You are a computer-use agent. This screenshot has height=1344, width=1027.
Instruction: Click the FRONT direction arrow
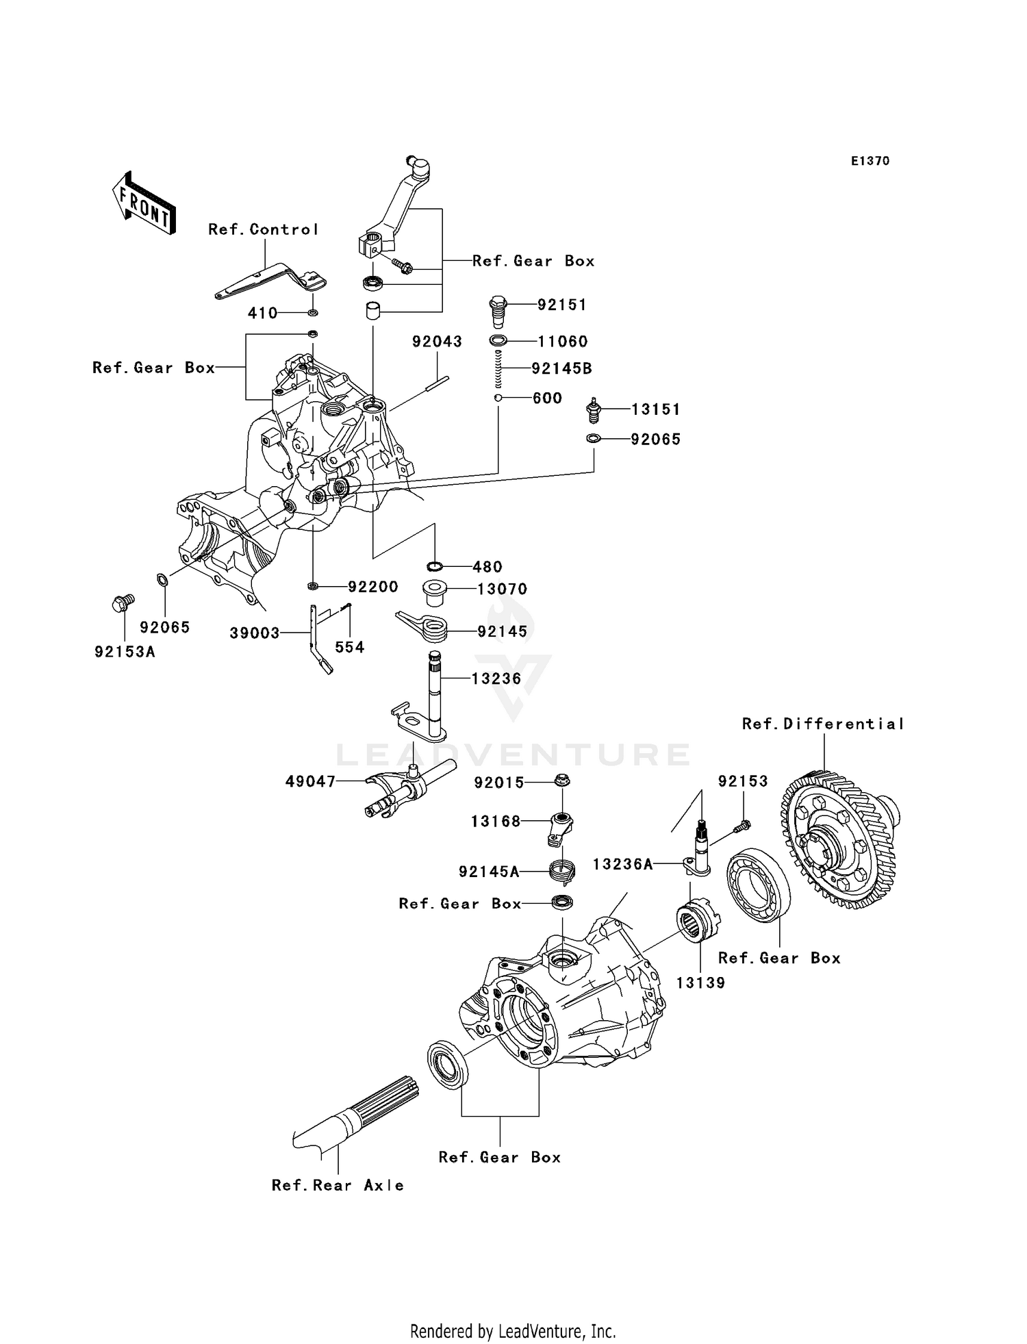(144, 203)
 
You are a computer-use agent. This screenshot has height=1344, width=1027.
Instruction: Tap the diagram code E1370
(870, 162)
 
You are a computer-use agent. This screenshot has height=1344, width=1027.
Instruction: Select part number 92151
(561, 305)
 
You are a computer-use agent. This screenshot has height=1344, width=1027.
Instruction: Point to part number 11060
(562, 342)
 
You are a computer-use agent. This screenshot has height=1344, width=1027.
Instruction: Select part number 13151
(655, 410)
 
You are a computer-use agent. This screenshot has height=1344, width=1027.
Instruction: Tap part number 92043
(437, 342)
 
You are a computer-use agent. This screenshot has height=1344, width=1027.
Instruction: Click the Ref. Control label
(264, 230)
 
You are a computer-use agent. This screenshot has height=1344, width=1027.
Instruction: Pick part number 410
(262, 314)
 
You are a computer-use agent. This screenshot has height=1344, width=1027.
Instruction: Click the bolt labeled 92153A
(122, 604)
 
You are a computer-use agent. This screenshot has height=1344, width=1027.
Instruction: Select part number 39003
(254, 634)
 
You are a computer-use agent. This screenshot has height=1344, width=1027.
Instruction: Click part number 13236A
(622, 865)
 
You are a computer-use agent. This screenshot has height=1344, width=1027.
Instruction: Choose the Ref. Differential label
(822, 724)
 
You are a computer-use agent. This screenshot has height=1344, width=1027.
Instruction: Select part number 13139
(700, 983)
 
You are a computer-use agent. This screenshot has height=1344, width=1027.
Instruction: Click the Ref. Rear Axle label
(338, 1186)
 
